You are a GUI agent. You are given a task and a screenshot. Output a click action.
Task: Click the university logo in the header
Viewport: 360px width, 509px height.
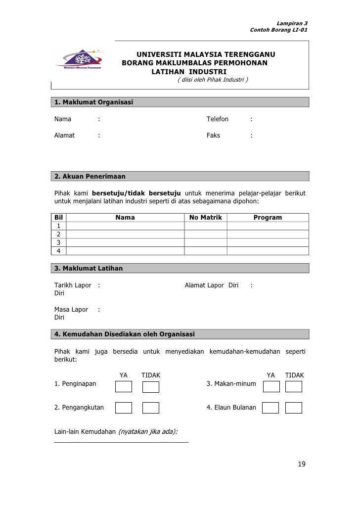82,61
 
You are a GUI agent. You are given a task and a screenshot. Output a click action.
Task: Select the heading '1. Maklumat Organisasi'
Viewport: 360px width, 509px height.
93,102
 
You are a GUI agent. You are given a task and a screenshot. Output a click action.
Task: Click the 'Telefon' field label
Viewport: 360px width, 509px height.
217,119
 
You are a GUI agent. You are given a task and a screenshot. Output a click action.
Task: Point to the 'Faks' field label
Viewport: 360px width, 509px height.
213,135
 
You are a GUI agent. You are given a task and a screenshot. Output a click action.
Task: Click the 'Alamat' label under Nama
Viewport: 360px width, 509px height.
64,135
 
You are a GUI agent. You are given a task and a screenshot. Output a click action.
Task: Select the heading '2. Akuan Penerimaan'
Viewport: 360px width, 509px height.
90,176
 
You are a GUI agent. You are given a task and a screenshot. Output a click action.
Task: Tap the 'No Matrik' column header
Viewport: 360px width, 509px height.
206,217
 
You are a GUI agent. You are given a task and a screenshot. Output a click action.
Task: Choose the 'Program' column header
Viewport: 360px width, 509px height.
268,217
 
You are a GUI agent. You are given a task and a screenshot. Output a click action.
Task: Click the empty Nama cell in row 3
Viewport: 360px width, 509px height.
125,242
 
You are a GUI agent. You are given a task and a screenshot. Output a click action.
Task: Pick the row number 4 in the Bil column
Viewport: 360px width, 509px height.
59,251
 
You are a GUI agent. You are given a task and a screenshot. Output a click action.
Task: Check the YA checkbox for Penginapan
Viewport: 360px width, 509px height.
124,387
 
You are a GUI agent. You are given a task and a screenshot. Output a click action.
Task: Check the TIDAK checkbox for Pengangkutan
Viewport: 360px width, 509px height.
151,408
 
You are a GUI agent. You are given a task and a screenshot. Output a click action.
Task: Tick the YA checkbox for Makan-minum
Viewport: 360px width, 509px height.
270,387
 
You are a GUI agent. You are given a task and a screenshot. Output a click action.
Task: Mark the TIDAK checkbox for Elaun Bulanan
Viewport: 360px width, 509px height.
294,408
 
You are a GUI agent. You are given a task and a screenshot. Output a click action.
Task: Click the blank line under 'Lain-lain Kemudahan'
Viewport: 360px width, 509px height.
121,441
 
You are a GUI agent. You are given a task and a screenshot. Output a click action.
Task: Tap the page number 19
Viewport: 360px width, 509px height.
302,464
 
